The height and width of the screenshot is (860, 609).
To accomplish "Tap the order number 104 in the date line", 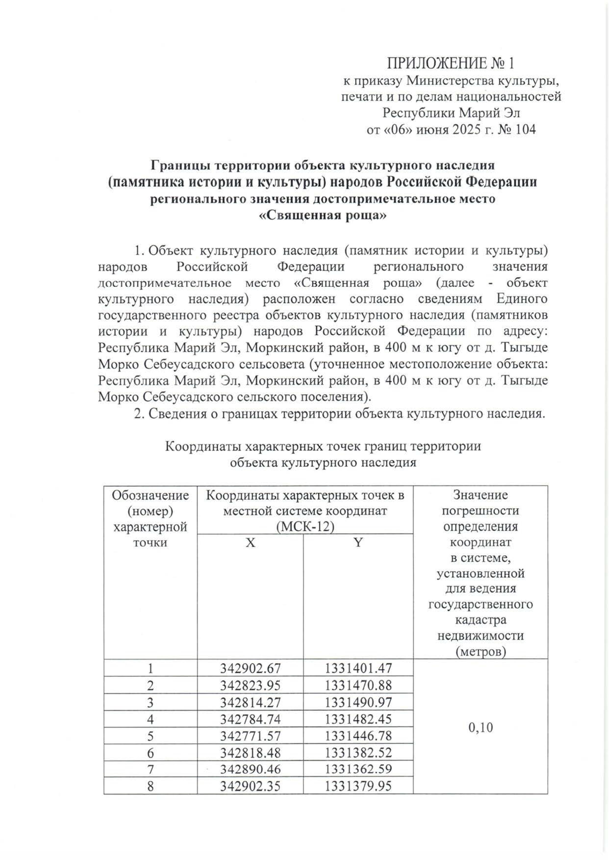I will [525, 129].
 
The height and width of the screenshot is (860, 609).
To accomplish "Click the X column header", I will [250, 542].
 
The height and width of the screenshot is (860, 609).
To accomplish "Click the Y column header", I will [358, 542].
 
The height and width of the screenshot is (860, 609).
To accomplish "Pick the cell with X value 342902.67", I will [250, 668].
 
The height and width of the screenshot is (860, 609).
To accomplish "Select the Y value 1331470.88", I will [358, 685].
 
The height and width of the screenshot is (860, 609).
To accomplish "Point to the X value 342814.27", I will [250, 702].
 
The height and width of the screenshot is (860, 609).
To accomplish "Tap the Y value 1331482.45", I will [358, 719].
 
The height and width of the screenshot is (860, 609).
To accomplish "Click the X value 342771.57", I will [250, 736].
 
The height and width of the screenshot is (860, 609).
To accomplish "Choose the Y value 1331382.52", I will [358, 752].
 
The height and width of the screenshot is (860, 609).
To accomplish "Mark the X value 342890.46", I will [250, 769].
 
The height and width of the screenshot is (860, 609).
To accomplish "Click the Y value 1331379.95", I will [358, 786].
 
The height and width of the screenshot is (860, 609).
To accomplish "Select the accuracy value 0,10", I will [480, 728].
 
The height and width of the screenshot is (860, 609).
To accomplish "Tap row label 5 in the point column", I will [150, 736].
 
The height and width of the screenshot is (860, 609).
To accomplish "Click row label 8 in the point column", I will [150, 786].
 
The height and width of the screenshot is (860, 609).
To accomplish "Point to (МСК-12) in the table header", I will [305, 527].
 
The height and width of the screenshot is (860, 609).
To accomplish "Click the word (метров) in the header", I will [480, 651].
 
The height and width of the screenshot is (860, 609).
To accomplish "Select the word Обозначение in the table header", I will [150, 495].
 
